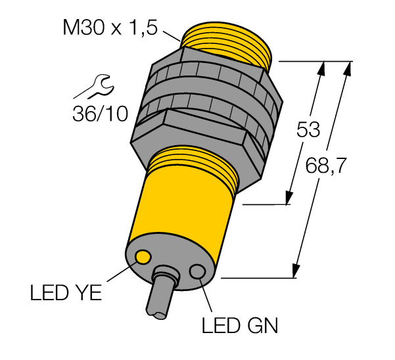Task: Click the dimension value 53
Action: tap(308, 129)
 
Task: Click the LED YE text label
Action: tap(66, 293)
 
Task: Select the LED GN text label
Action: tap(240, 325)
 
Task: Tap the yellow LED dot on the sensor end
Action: tap(143, 257)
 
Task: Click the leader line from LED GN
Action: tap(205, 294)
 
